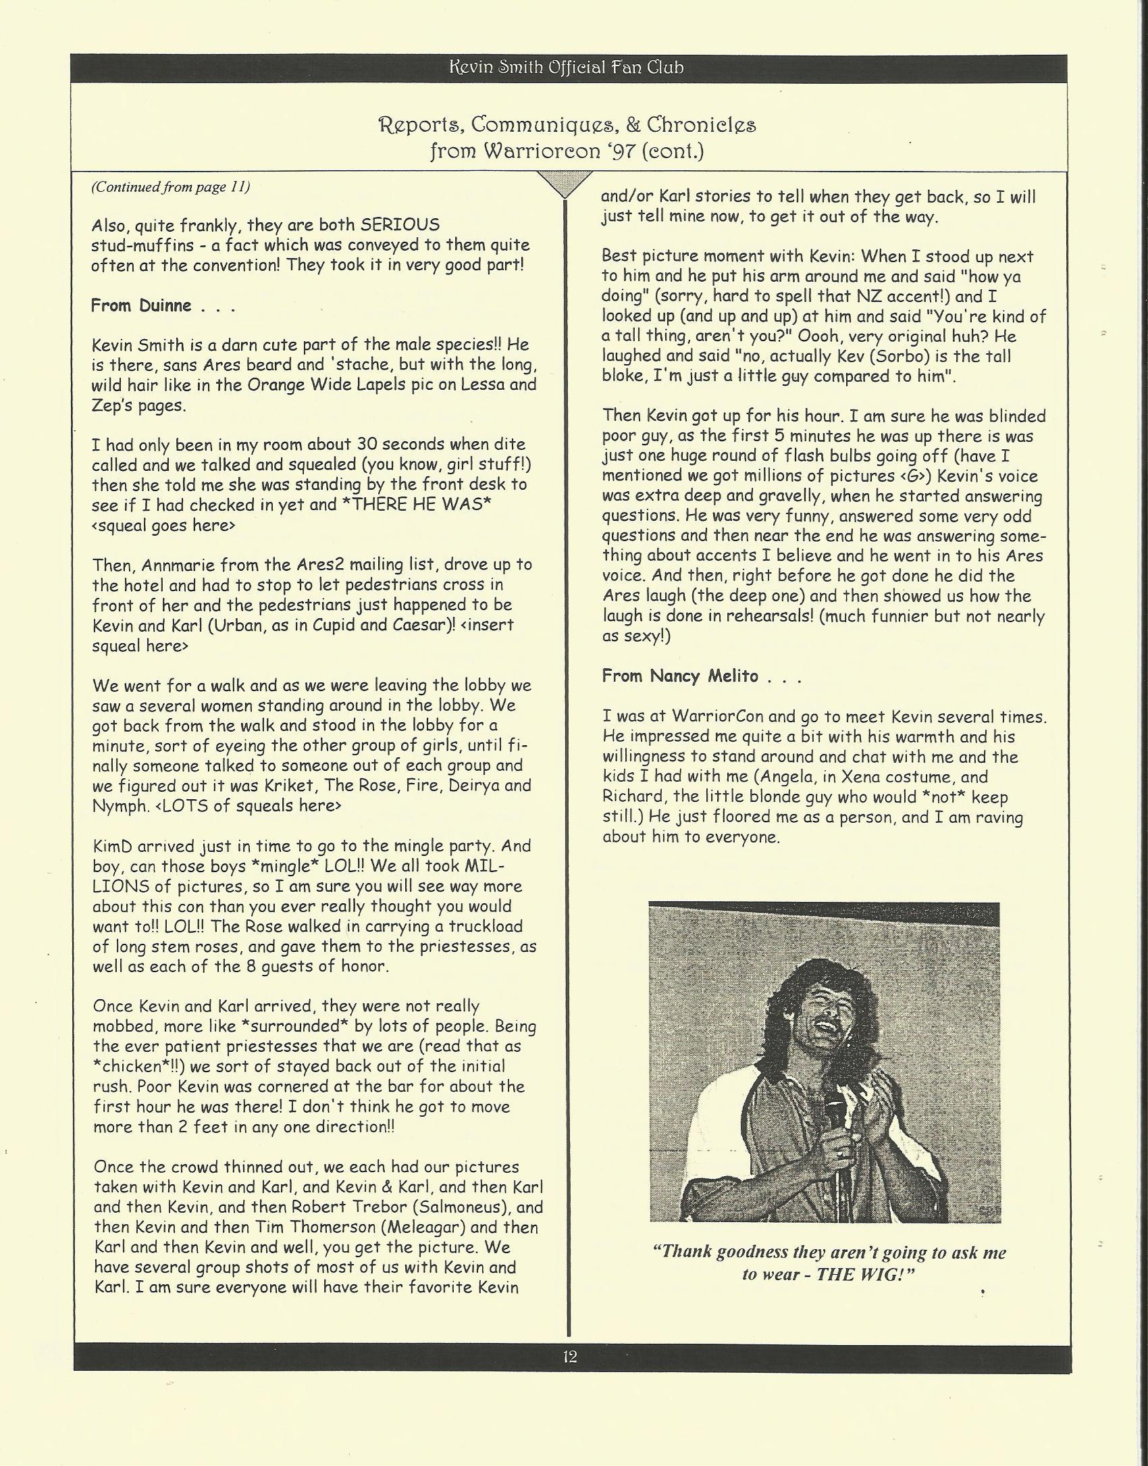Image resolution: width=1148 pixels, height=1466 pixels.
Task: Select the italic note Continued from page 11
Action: tap(171, 187)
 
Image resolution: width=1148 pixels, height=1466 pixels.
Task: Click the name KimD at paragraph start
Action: tap(115, 846)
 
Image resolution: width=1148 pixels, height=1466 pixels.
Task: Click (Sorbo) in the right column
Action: tap(880, 357)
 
